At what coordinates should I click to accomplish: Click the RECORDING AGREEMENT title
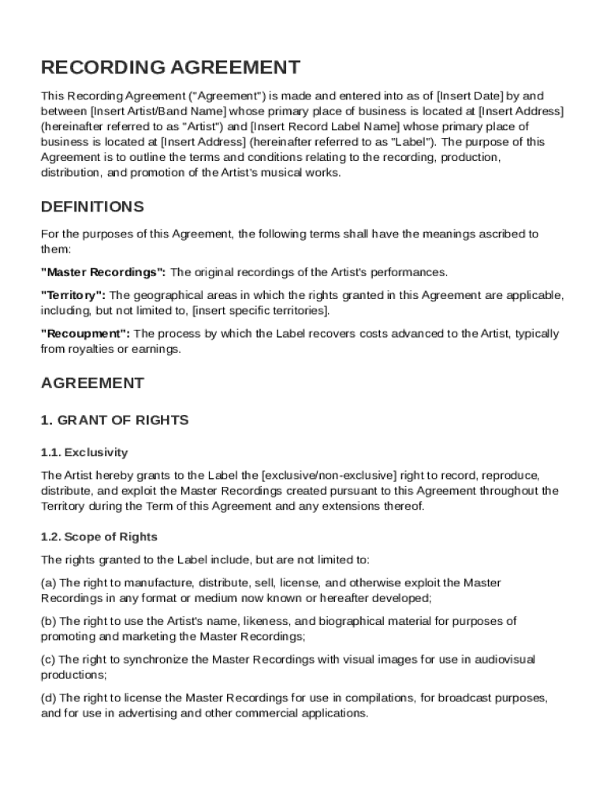click(x=170, y=67)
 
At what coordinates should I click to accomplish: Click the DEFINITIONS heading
click(x=92, y=207)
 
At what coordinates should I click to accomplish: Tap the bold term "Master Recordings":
click(x=102, y=272)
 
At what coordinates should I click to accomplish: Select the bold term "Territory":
click(x=73, y=295)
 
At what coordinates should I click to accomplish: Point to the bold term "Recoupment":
click(x=85, y=334)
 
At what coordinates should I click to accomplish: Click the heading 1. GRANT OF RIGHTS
click(x=114, y=420)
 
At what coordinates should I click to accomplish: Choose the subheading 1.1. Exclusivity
click(x=84, y=452)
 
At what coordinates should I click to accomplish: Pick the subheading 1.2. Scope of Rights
click(x=99, y=537)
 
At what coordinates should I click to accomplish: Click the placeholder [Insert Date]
click(x=469, y=96)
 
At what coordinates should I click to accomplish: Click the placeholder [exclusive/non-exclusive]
click(x=329, y=475)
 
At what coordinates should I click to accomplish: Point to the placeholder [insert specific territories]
click(x=260, y=310)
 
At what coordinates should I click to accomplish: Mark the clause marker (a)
click(x=48, y=582)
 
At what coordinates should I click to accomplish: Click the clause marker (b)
click(x=48, y=621)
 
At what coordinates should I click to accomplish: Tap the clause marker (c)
click(x=48, y=659)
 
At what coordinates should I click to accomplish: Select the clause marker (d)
click(x=48, y=698)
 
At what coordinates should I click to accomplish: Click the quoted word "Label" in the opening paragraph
click(x=409, y=142)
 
